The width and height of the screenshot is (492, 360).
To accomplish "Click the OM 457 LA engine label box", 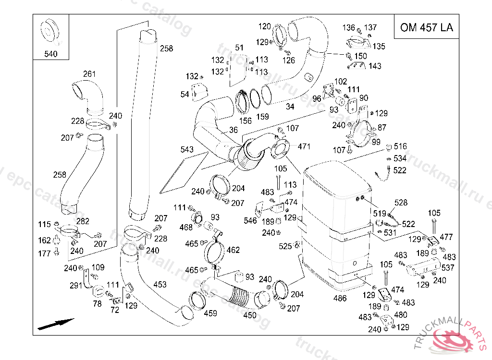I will (x=426, y=27).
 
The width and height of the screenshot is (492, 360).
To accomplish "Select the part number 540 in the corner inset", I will (x=50, y=54).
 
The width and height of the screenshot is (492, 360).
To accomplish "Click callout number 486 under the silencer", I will (x=340, y=298).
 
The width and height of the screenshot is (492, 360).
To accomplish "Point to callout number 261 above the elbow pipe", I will (x=89, y=74).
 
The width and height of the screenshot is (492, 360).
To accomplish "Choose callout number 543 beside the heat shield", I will (x=187, y=150).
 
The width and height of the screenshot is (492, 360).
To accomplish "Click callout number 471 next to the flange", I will (x=304, y=146).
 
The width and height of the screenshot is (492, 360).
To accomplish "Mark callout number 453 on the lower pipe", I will (x=160, y=285).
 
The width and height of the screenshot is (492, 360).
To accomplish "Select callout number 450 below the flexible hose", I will (x=250, y=315).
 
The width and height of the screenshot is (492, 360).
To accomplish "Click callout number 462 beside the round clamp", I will (x=233, y=250).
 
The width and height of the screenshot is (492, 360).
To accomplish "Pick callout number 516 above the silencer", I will (x=400, y=146).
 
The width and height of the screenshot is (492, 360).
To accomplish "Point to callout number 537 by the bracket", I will (x=448, y=267).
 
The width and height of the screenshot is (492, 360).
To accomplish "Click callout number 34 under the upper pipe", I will (x=290, y=107).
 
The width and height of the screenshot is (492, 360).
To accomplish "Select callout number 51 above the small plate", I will (x=239, y=48).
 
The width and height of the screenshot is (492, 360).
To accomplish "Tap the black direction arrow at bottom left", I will (x=56, y=324).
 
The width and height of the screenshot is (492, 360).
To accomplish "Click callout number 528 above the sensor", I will (x=401, y=203).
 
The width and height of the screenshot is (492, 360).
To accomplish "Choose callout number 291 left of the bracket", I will (x=76, y=286).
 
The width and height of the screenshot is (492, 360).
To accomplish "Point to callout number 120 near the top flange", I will (x=265, y=26).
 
